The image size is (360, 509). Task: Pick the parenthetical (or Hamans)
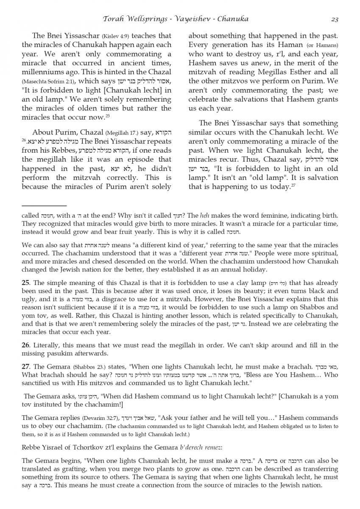323,45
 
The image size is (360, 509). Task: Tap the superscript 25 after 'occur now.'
108,115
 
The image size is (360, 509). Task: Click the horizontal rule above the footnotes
44,205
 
